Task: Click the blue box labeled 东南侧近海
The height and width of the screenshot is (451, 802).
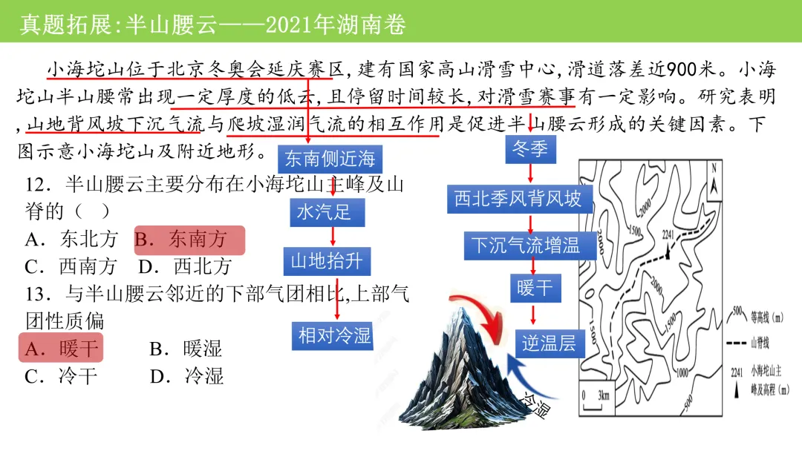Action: coord(330,159)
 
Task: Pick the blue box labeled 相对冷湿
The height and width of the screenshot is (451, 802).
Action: coord(334,335)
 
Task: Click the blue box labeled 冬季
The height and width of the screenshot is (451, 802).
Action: coord(530,148)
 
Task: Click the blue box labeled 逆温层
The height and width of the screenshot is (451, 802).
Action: coord(549,342)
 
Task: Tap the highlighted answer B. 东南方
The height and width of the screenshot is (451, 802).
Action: coord(189,240)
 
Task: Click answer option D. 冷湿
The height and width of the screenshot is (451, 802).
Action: coord(186,375)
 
